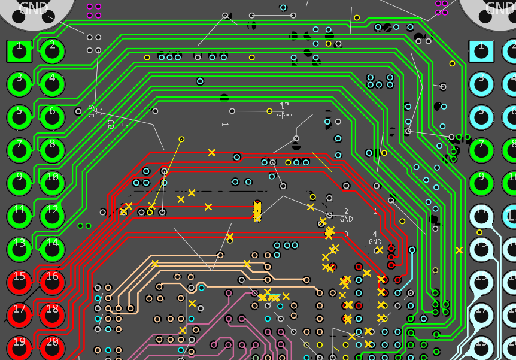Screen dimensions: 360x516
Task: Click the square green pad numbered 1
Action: click(x=19, y=51)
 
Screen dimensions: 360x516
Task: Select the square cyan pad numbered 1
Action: click(x=481, y=51)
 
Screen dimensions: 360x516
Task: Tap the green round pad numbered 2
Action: click(x=53, y=51)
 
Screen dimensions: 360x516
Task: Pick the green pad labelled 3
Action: click(x=19, y=84)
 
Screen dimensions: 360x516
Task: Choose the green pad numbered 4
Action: click(x=53, y=84)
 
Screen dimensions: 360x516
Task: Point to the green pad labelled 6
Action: click(x=53, y=117)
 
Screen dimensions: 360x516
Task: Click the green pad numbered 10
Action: click(x=53, y=183)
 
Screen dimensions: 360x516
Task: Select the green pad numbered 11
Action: click(x=19, y=216)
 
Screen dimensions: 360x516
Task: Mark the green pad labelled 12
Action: click(x=53, y=216)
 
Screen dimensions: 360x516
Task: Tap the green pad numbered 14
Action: click(x=53, y=249)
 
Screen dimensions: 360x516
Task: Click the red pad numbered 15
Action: click(x=19, y=282)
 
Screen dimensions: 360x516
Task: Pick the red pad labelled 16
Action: click(x=53, y=282)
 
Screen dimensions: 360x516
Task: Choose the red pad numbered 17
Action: click(x=19, y=314)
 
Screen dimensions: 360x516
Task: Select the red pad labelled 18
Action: click(x=53, y=314)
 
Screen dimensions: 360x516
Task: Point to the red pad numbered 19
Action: click(x=19, y=347)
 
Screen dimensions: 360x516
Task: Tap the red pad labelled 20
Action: click(x=53, y=347)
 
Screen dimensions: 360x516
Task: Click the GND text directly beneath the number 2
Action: click(x=347, y=219)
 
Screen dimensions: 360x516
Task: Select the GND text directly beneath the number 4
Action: click(x=375, y=242)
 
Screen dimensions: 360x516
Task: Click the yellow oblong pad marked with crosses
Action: click(x=257, y=211)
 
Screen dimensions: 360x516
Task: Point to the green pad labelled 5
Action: click(x=19, y=117)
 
